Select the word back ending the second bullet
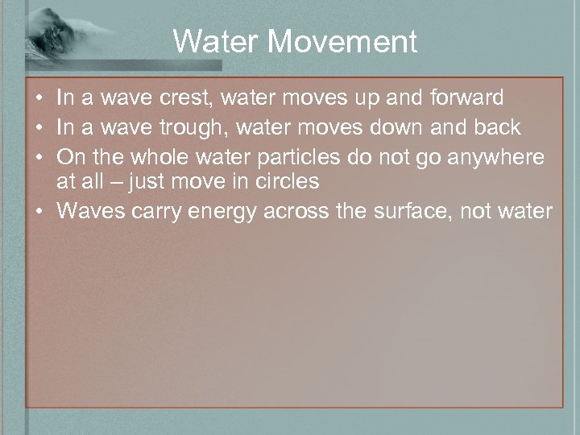pyautogui.click(x=498, y=126)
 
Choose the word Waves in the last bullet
pyautogui.click(x=88, y=211)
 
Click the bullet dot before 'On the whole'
pyautogui.click(x=39, y=155)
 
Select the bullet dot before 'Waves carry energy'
pyautogui.click(x=39, y=211)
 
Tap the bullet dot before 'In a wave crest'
pyautogui.click(x=39, y=98)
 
